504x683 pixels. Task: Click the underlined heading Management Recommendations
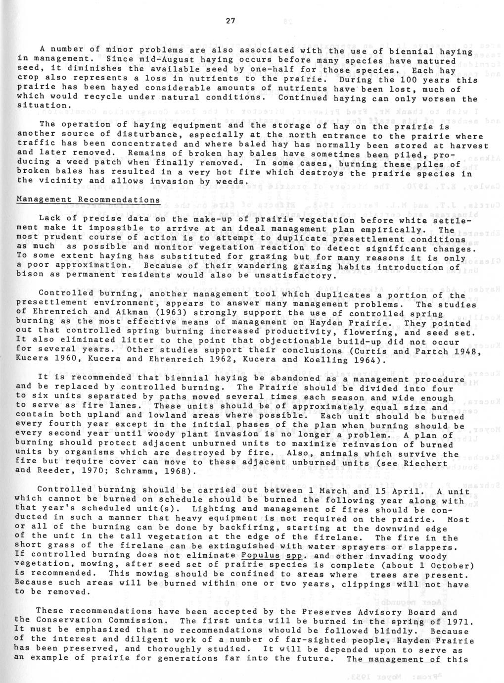[88, 199]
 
